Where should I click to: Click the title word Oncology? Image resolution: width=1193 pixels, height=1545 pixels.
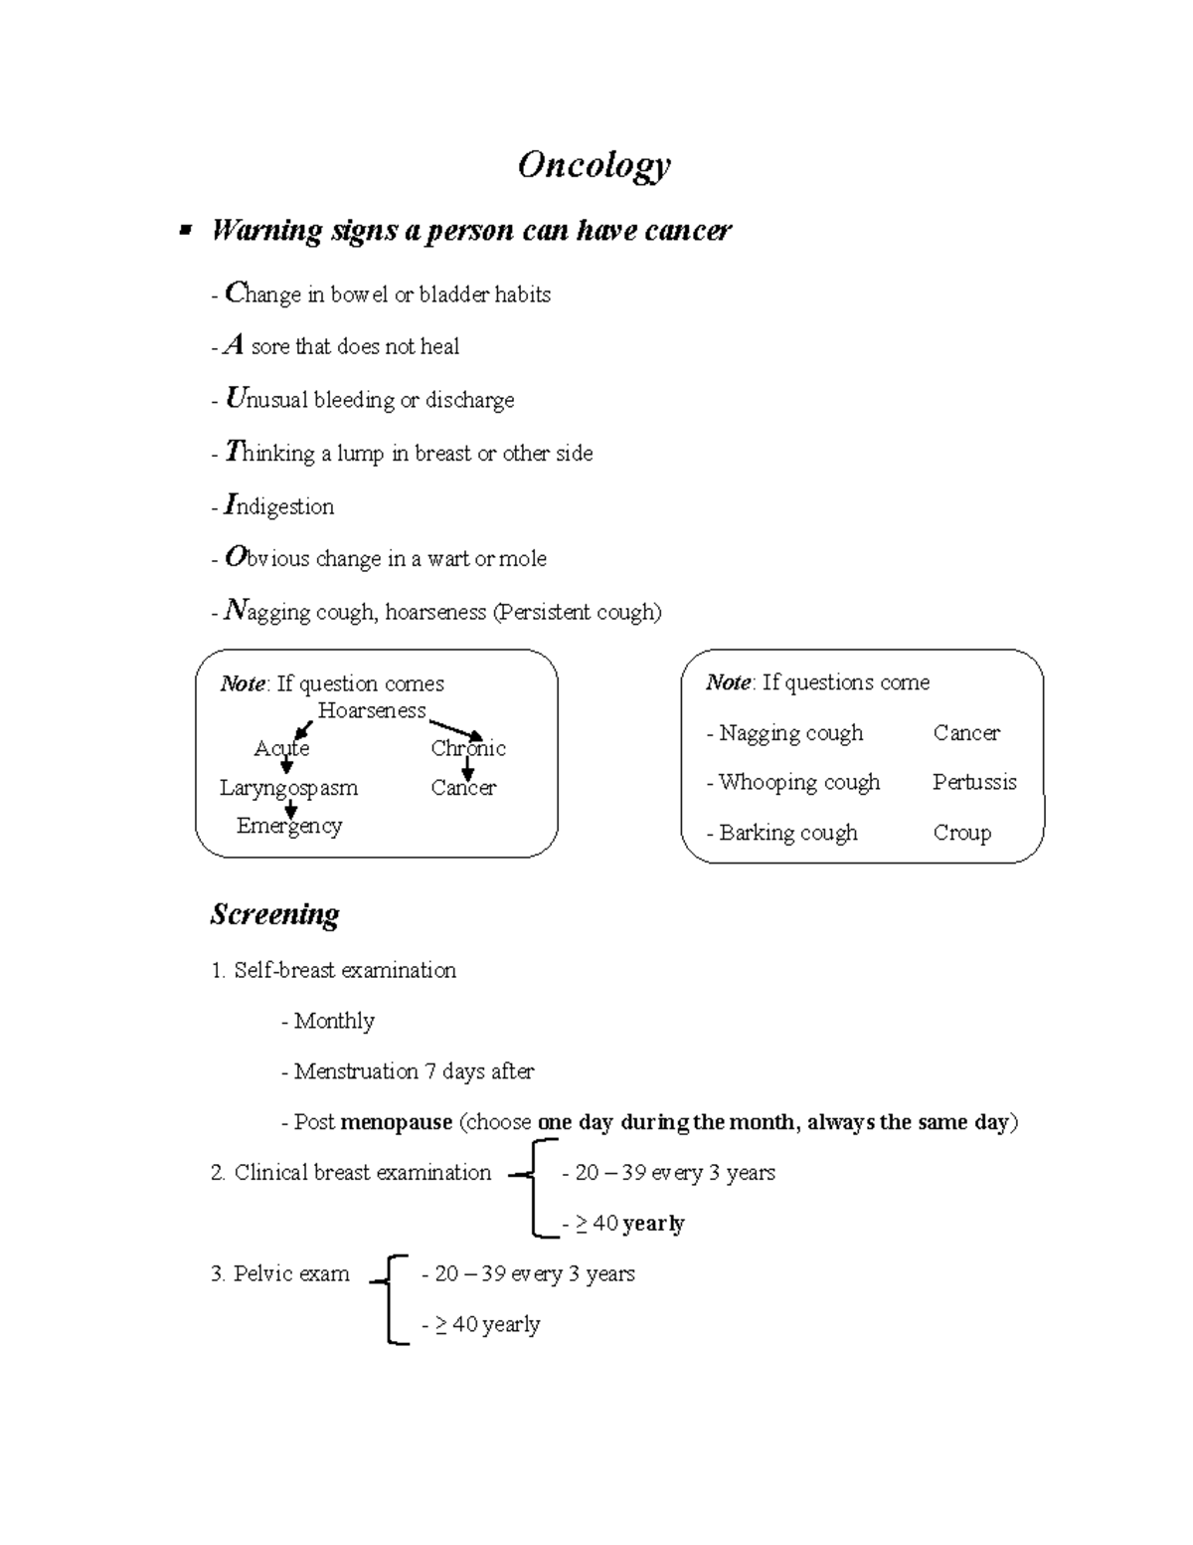[x=594, y=165]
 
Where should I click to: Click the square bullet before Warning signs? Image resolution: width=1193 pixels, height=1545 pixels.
[x=184, y=232]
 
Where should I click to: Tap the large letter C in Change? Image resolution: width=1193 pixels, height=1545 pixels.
[x=235, y=292]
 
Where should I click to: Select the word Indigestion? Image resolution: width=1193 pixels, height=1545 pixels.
[x=279, y=505]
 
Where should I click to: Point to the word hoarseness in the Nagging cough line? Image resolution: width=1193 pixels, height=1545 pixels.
[x=435, y=612]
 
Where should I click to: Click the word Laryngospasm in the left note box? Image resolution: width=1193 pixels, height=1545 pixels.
[x=288, y=788]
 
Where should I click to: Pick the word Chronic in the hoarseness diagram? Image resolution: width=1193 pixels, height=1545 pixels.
[x=468, y=748]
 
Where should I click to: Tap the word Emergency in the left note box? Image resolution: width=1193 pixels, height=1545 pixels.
[x=288, y=826]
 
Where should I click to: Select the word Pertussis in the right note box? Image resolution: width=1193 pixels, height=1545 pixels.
[x=974, y=782]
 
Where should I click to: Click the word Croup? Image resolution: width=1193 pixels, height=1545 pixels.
[x=961, y=833]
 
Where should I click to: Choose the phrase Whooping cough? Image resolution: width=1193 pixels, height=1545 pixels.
[x=799, y=782]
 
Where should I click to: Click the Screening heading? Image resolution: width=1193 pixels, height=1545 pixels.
[x=274, y=914]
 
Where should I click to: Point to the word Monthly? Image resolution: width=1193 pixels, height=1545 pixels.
[x=334, y=1021]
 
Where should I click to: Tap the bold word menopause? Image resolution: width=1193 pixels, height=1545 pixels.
[x=396, y=1122]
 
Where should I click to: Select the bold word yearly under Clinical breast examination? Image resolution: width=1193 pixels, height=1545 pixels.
[x=653, y=1224]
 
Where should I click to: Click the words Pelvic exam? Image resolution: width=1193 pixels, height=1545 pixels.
[x=291, y=1273]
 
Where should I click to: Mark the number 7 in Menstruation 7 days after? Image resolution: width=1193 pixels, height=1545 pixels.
[x=429, y=1071]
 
